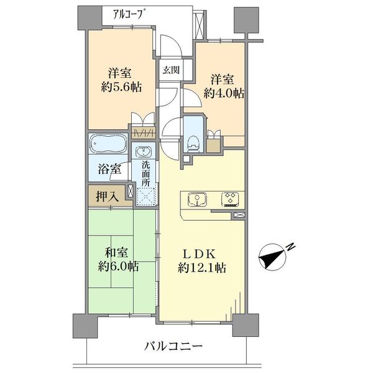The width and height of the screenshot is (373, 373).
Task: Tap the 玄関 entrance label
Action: tap(172, 70)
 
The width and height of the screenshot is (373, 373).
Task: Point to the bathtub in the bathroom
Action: tap(108, 144)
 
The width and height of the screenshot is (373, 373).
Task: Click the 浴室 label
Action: tap(109, 168)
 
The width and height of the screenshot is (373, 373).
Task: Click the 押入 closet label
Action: tap(108, 196)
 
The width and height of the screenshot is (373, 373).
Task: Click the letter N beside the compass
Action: tap(291, 247)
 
